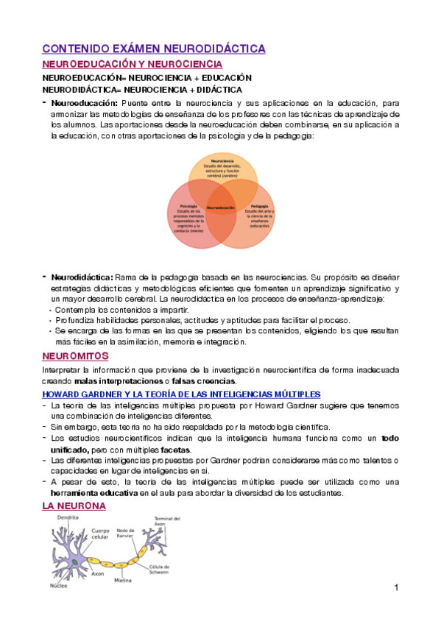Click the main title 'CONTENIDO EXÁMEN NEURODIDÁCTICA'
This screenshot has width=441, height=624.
pyautogui.click(x=154, y=49)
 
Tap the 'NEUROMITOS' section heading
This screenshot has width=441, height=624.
pyautogui.click(x=73, y=356)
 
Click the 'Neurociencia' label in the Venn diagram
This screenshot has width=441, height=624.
pyautogui.click(x=222, y=160)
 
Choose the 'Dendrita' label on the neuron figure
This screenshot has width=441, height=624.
pyautogui.click(x=68, y=519)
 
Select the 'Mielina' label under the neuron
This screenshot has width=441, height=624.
pyautogui.click(x=122, y=581)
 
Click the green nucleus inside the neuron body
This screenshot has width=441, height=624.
pyautogui.click(x=74, y=563)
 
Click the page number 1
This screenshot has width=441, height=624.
pyautogui.click(x=396, y=587)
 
